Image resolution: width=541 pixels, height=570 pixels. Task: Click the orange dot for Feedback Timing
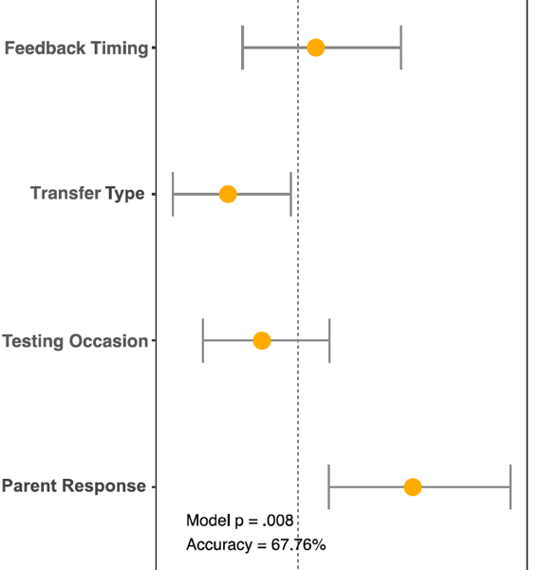315,47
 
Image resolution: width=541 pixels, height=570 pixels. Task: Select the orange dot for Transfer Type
228,194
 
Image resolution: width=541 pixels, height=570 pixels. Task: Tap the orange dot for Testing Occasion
262,341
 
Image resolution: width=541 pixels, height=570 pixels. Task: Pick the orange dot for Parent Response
413,486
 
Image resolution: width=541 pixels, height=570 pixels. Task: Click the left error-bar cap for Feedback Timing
243,47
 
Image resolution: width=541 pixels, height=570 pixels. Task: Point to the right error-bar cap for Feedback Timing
401,47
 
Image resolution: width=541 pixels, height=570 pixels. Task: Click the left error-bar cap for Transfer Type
173,194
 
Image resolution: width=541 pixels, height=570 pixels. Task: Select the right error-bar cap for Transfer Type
290,194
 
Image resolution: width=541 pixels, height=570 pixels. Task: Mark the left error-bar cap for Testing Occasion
203,341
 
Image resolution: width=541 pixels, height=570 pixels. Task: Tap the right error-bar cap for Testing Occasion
329,341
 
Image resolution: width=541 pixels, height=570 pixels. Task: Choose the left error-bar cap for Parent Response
329,486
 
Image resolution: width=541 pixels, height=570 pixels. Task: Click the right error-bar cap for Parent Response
511,486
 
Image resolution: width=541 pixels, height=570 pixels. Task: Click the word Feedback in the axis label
45,48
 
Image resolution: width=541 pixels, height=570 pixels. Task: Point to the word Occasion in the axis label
108,341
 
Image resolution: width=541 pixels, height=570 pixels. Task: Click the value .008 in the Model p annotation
277,521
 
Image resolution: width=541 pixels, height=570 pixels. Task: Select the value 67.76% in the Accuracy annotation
298,544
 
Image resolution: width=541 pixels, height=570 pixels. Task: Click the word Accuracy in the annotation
219,545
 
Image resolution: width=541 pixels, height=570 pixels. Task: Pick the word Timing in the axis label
120,48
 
